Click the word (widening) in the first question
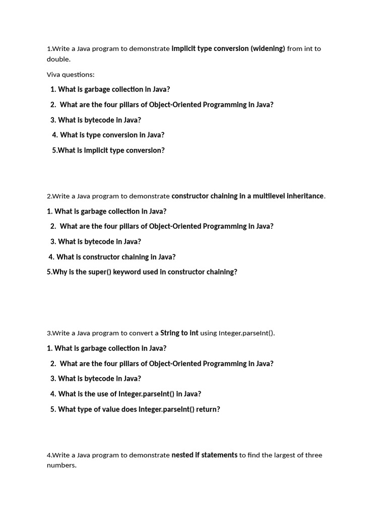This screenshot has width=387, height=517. (x=268, y=48)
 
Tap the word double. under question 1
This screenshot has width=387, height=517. (x=58, y=59)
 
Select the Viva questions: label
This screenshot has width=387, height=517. (x=71, y=75)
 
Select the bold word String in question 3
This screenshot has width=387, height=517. (x=170, y=333)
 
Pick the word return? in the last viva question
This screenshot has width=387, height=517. (x=208, y=409)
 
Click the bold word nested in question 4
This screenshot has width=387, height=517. (x=182, y=455)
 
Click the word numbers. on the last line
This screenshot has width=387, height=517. (x=61, y=465)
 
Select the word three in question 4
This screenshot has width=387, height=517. (x=312, y=455)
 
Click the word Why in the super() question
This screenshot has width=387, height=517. (x=59, y=272)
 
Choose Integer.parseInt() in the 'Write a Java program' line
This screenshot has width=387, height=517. (x=246, y=333)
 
